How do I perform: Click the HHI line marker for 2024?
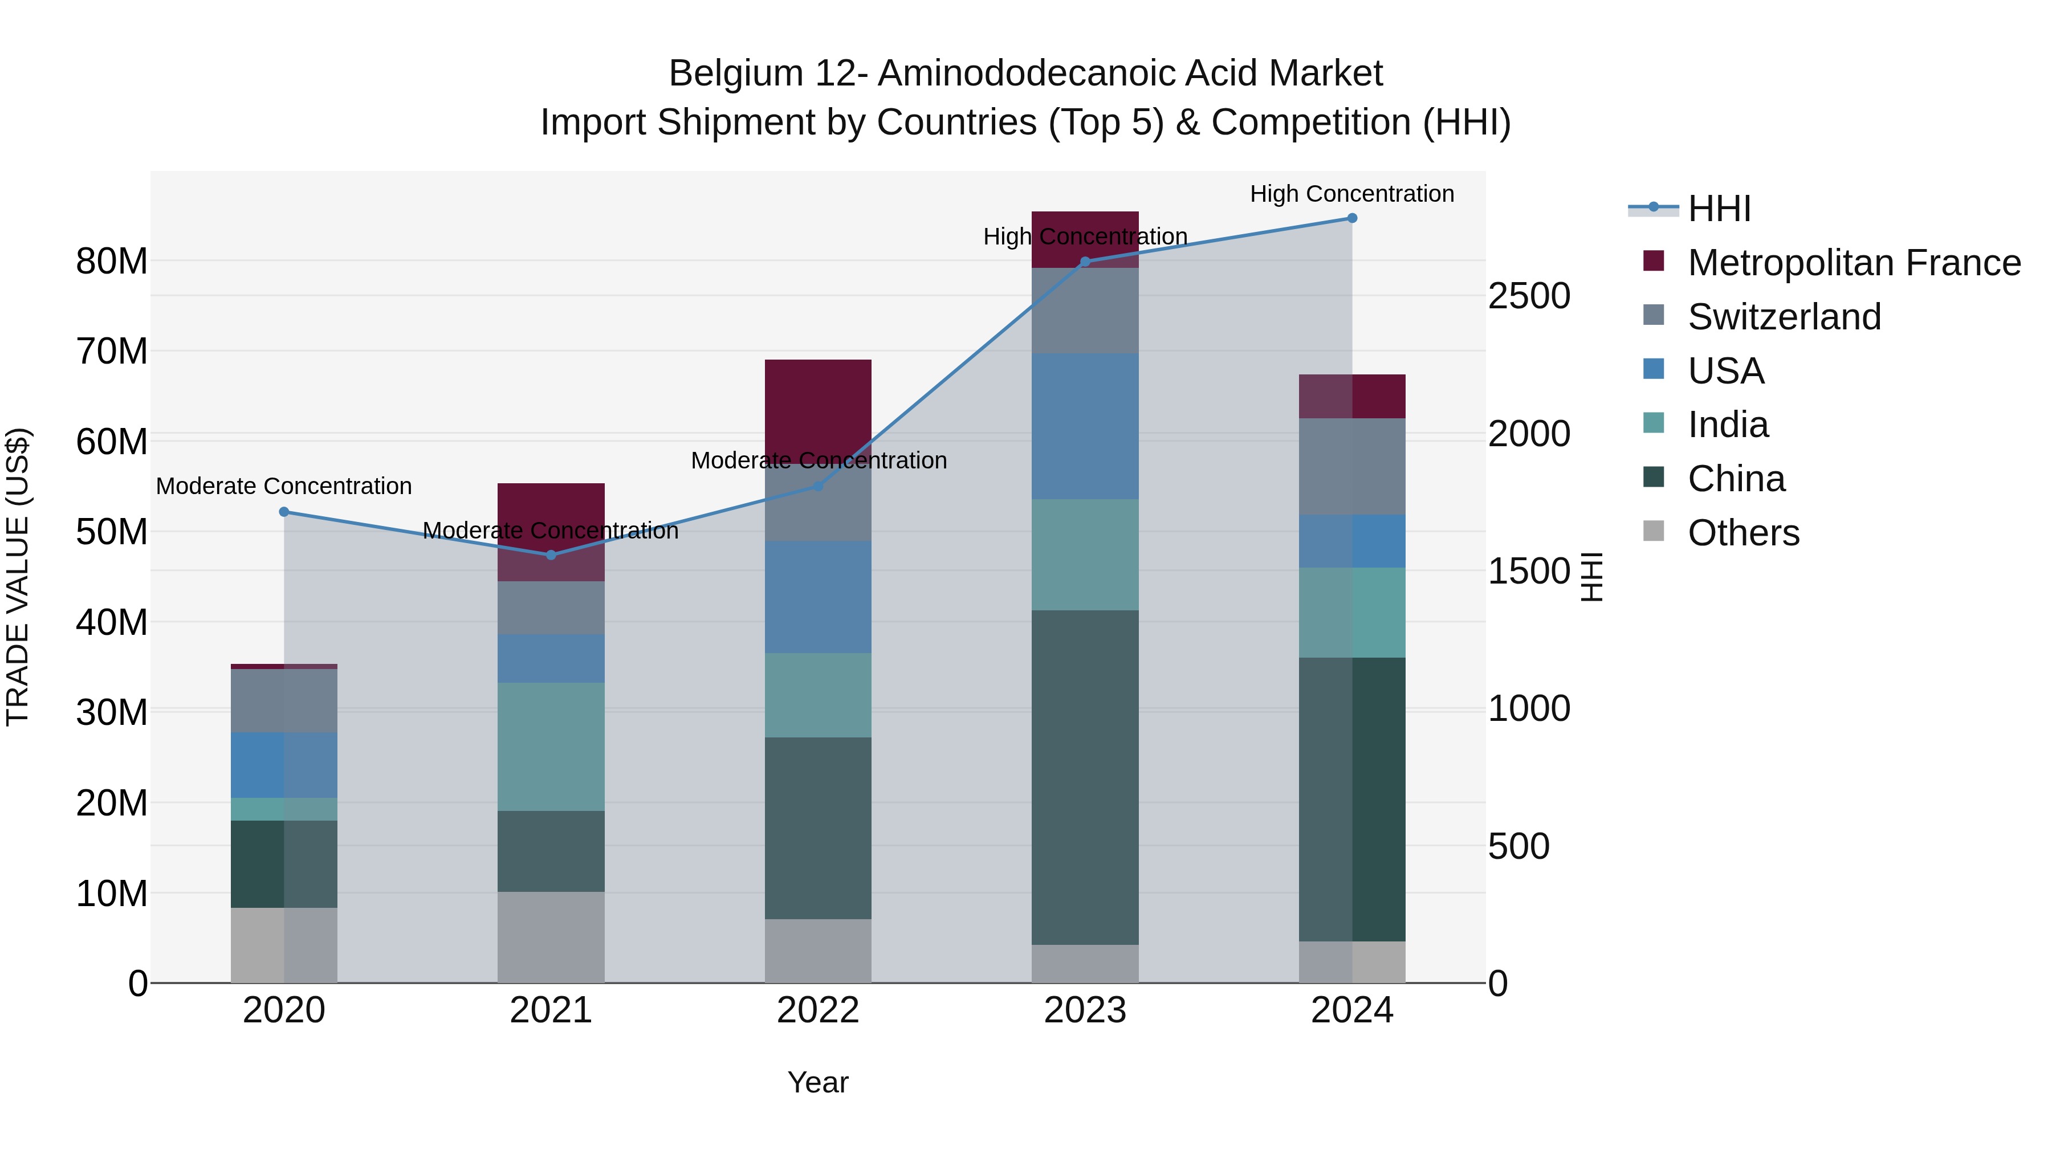coord(1352,218)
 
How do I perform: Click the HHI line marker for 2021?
coord(551,555)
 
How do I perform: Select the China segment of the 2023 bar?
coord(1085,777)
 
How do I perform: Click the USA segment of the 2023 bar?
coord(1085,426)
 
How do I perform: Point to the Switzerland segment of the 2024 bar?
coord(1352,466)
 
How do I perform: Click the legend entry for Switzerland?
coord(1784,317)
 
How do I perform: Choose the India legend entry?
coord(1727,425)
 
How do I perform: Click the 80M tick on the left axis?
coord(112,261)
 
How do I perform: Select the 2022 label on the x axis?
coord(818,1010)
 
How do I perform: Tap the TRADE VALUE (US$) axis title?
coord(18,577)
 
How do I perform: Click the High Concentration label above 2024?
coord(1352,194)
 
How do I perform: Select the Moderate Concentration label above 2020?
coord(284,486)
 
